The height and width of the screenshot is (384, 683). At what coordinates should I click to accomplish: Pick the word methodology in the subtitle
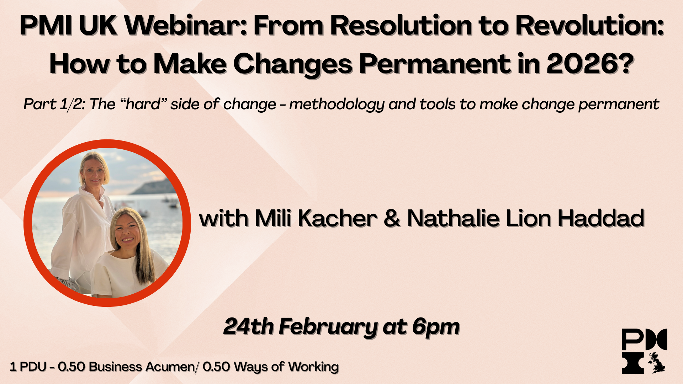pos(337,104)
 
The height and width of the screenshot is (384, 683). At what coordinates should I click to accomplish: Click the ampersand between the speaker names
pos(392,218)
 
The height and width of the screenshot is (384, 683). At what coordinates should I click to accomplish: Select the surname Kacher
pos(337,218)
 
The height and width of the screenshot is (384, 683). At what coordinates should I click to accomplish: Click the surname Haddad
pos(601,218)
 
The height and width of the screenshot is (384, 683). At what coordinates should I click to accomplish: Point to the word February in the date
pos(327,326)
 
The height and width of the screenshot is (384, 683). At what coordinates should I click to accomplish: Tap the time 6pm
pos(436,326)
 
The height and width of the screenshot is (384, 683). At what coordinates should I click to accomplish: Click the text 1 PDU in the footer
pos(28,367)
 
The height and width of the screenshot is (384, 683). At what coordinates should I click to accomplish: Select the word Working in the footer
pos(313,367)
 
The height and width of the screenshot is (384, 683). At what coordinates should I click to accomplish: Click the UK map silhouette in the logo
pos(657,363)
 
